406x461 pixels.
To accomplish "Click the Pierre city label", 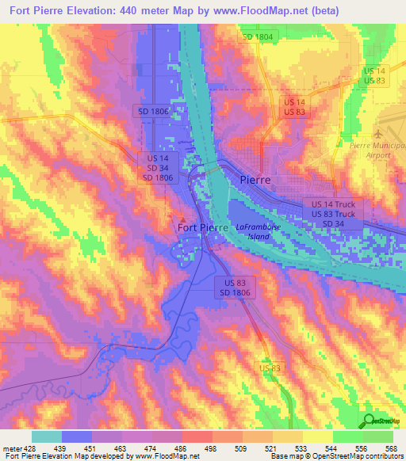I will tap(255, 180).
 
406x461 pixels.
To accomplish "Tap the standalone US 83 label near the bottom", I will tap(270, 368).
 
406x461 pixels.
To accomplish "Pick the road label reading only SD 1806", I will tap(153, 112).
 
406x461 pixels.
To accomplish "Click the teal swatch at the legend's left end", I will tap(46, 436).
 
